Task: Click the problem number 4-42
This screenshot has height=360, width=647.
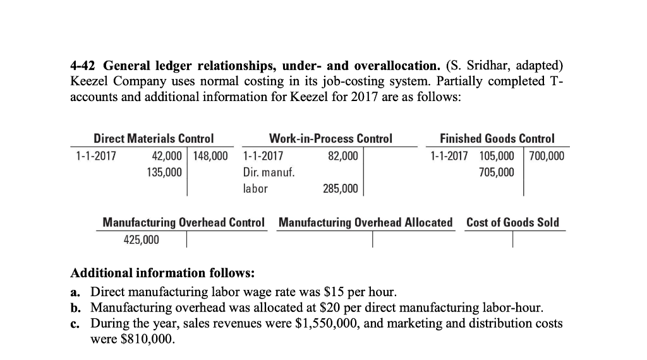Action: click(x=83, y=66)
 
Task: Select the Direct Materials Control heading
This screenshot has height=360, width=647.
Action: click(x=154, y=138)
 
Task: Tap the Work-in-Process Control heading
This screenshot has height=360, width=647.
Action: click(x=330, y=138)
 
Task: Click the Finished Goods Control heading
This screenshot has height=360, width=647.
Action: click(x=497, y=138)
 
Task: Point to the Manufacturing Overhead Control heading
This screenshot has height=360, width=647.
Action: click(x=183, y=222)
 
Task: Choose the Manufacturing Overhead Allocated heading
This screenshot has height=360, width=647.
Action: click(x=365, y=222)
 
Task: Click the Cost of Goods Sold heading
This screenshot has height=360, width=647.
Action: click(x=512, y=222)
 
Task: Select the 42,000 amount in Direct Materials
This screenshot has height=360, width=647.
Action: click(x=167, y=155)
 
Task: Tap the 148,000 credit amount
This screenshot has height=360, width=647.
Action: click(x=211, y=155)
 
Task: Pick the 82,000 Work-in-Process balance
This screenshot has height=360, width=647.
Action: click(x=342, y=155)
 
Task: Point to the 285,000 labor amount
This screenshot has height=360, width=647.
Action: click(x=340, y=188)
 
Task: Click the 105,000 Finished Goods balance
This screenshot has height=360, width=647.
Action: click(x=497, y=155)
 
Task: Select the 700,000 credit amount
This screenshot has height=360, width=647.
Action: click(x=547, y=155)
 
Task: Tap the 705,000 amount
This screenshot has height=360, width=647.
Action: click(x=497, y=172)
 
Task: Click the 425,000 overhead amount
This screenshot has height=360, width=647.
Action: click(x=141, y=239)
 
